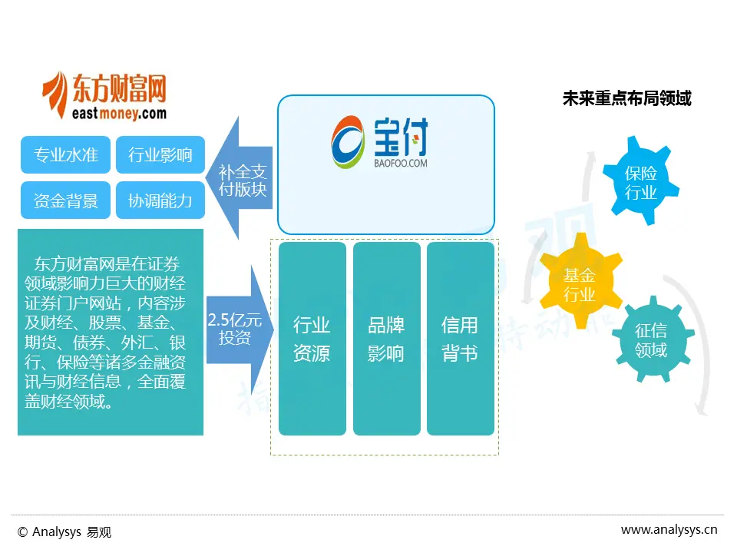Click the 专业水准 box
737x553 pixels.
[x=66, y=155]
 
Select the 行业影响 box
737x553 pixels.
[x=160, y=155]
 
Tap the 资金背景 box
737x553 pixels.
[x=66, y=200]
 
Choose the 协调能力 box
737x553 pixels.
[x=160, y=200]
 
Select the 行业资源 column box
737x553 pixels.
[x=312, y=339]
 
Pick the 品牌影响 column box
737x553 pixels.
[x=386, y=339]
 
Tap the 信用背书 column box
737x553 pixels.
[x=460, y=339]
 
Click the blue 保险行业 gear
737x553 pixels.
[x=640, y=183]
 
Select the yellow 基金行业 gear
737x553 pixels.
[x=580, y=284]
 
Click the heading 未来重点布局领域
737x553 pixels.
[x=626, y=99]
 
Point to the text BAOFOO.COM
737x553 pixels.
[x=401, y=164]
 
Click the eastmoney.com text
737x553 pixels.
[x=117, y=114]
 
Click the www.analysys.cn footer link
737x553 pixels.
[x=669, y=529]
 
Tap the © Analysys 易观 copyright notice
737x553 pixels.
[x=64, y=531]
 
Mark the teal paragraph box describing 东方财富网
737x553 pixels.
[x=111, y=332]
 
